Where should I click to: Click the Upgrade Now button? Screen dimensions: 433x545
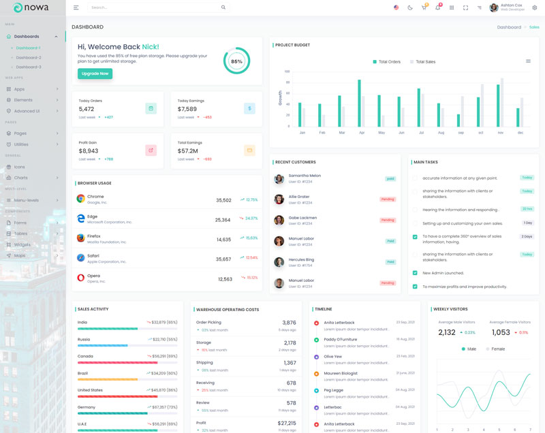95,73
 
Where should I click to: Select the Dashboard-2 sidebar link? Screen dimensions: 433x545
29,57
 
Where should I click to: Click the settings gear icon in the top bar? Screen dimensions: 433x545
535,7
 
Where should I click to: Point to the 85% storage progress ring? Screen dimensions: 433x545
236,61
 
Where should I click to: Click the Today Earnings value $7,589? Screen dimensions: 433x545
187,109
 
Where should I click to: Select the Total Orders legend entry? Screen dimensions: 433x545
386,61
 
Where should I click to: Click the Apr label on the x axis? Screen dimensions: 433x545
362,133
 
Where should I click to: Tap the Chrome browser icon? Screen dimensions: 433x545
80,199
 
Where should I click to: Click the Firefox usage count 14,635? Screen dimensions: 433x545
224,240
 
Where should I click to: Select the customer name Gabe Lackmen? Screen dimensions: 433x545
302,218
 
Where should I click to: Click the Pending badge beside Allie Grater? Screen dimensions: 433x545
388,199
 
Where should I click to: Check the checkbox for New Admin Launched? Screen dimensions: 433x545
415,272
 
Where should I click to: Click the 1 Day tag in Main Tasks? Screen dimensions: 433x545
527,223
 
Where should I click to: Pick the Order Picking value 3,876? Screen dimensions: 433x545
289,323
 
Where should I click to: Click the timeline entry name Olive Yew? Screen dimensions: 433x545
333,356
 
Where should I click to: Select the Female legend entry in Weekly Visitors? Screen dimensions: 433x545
495,349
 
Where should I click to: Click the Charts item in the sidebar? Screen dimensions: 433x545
21,178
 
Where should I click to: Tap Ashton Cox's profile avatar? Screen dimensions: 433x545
494,7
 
